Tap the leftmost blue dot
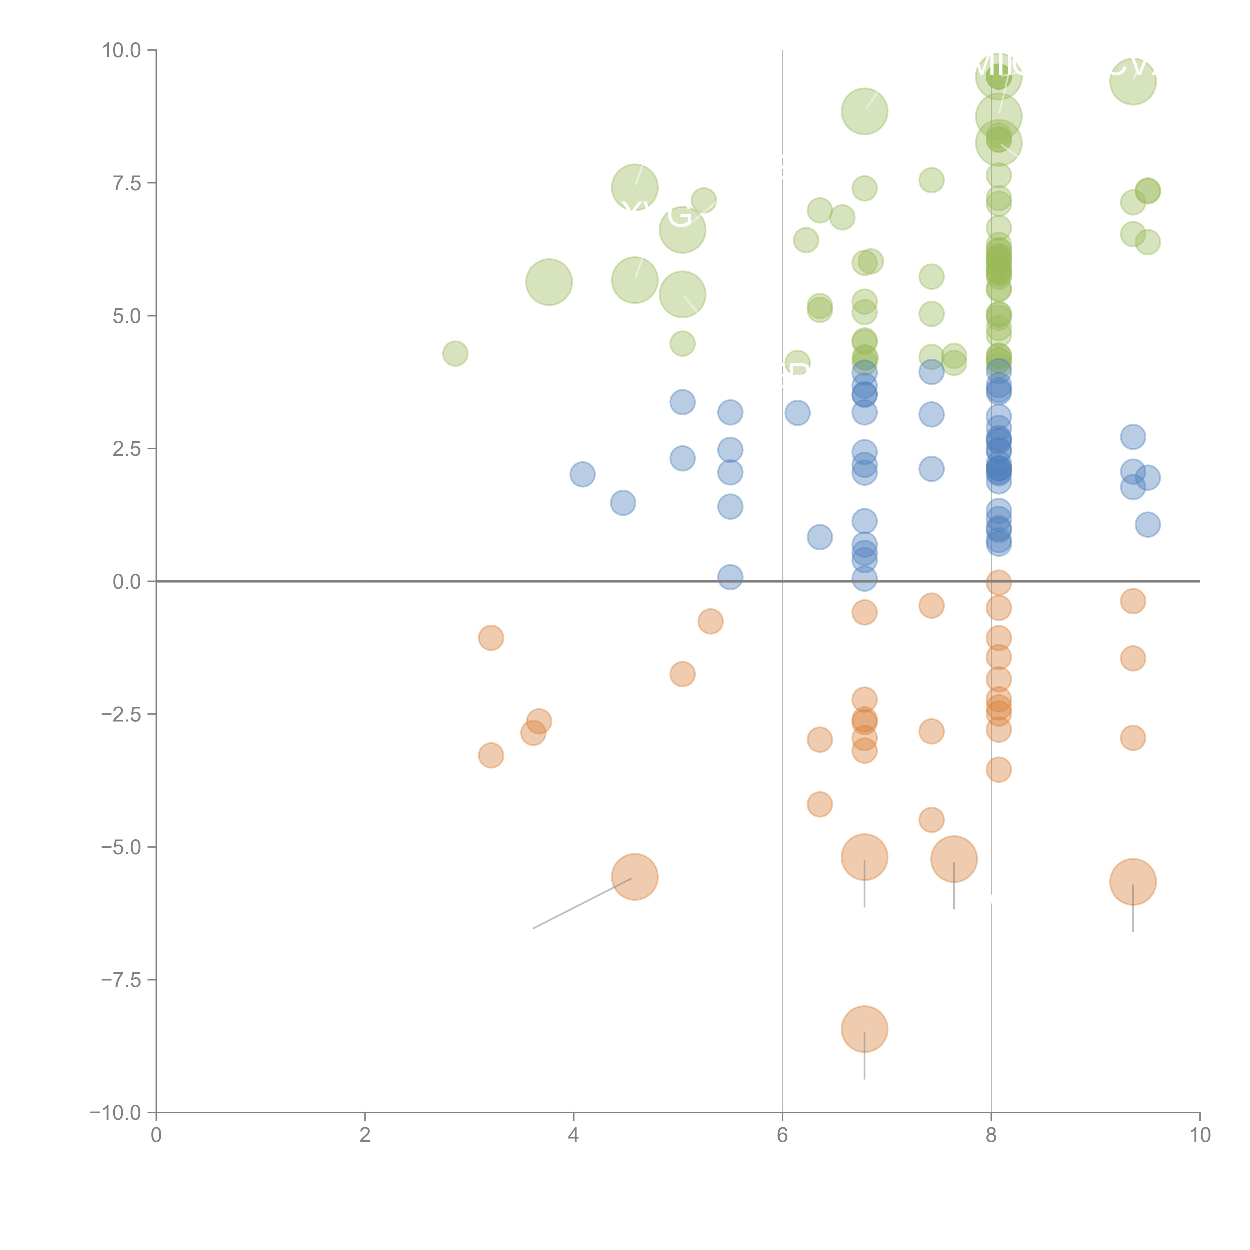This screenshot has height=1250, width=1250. (x=582, y=474)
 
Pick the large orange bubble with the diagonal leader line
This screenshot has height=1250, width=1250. (x=635, y=877)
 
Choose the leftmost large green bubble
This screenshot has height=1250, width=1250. (x=549, y=282)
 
